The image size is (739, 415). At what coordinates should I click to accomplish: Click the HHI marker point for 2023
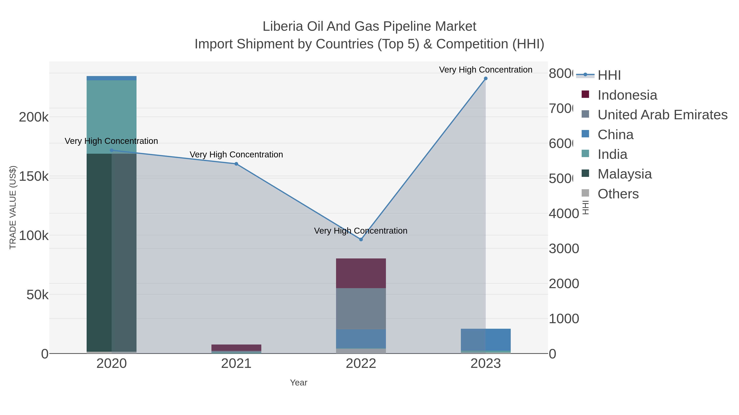(x=485, y=78)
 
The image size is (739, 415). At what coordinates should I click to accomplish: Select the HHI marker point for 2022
(x=361, y=239)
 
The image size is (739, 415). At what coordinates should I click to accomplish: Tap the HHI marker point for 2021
(x=236, y=164)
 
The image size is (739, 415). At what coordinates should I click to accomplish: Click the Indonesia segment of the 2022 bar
(x=361, y=273)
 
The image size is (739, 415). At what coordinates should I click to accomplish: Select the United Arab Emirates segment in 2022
(x=361, y=309)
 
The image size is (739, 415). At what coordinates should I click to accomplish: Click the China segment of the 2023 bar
(x=485, y=339)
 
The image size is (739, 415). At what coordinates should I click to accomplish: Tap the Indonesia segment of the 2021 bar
(x=236, y=347)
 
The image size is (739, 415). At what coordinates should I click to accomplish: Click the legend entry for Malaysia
(x=624, y=174)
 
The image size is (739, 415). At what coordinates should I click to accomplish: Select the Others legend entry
(x=618, y=194)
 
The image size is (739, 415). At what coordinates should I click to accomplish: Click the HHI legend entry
(x=609, y=75)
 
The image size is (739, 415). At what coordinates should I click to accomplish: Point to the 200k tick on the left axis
(x=34, y=117)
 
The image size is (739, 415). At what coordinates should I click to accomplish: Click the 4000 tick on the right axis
(x=563, y=214)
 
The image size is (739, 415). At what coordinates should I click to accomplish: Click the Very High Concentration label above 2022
(x=361, y=231)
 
